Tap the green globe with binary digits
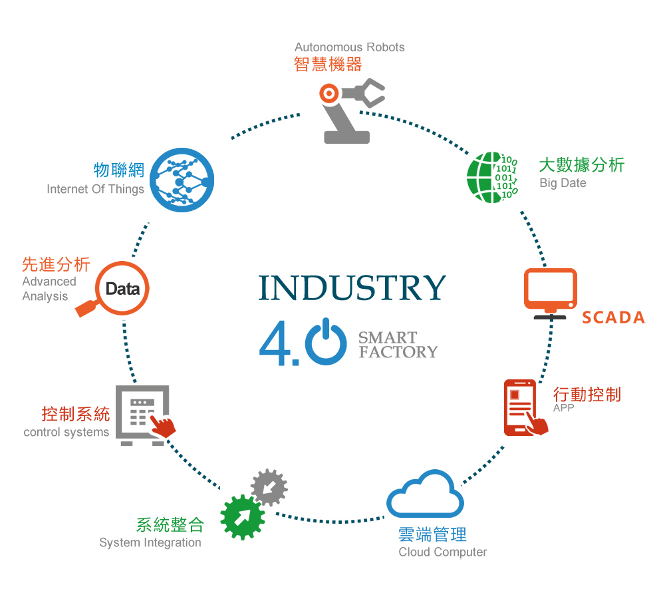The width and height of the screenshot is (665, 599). coord(492,177)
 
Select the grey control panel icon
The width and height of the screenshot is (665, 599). coord(142,414)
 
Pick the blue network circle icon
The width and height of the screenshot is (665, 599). coord(181,180)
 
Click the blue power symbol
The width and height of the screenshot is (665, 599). coord(326,343)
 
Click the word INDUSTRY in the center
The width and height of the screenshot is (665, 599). coord(352,287)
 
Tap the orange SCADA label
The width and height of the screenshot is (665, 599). coord(613,317)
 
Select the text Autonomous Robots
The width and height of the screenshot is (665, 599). coord(349,47)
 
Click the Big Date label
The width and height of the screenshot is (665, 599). coord(563,183)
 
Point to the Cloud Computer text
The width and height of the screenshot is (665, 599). coord(442,552)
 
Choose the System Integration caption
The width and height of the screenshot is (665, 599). coord(150,542)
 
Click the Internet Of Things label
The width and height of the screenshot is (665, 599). coord(95,189)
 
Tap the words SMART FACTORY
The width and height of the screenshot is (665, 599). coord(398,345)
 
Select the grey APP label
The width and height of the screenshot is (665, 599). coord(563,408)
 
